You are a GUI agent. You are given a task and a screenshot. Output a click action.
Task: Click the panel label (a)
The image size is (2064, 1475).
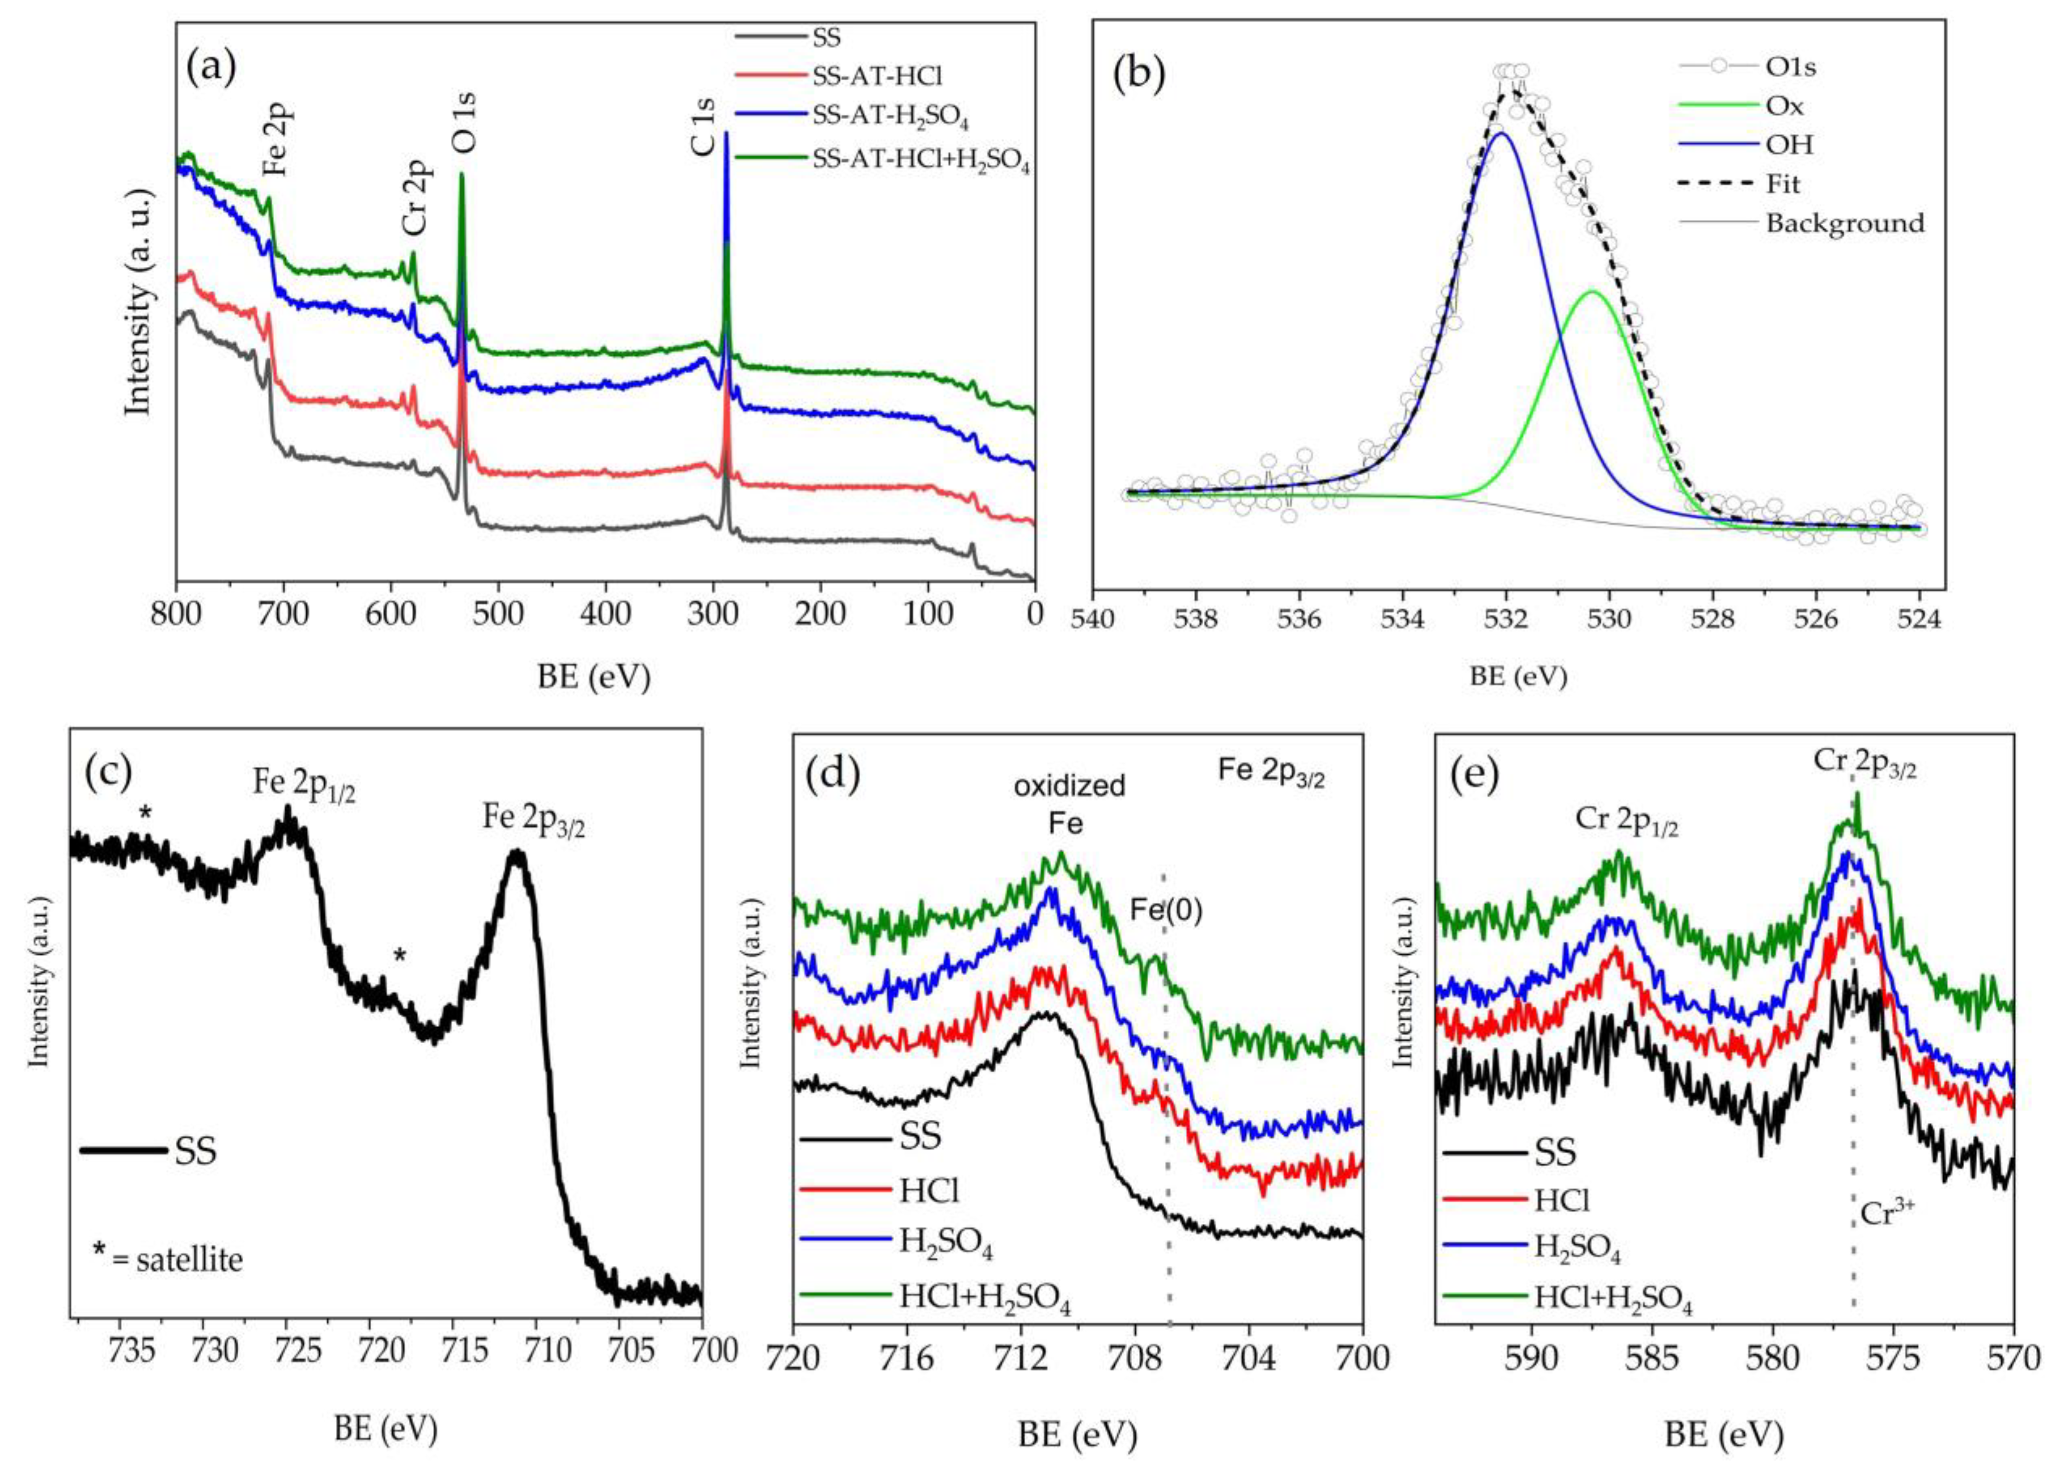211,68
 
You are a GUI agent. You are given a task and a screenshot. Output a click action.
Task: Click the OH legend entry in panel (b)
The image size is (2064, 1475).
1789,144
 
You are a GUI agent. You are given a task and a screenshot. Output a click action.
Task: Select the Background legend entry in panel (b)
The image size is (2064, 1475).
1844,223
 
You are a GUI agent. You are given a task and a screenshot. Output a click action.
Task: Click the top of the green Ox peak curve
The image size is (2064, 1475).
1593,292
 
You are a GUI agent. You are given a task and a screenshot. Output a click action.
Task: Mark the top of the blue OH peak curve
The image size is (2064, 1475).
1501,134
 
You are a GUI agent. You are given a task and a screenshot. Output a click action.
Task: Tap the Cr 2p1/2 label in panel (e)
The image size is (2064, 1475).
1626,820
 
